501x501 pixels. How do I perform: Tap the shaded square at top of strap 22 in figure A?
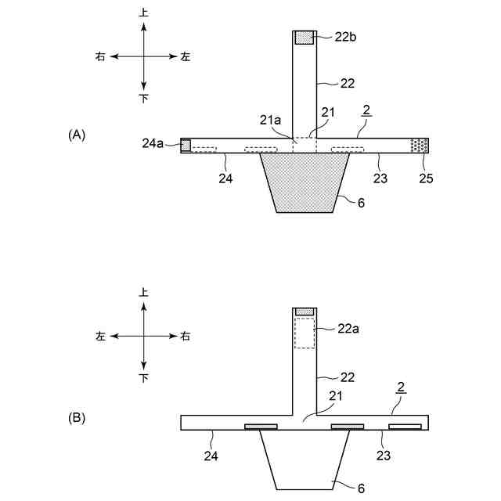(304, 37)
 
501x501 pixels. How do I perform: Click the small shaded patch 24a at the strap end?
(186, 145)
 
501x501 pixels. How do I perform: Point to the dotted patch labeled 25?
(420, 145)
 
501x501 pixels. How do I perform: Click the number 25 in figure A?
(425, 178)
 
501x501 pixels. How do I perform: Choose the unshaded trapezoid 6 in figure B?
(304, 458)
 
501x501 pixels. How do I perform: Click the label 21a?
(270, 120)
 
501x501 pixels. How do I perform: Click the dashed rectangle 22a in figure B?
(304, 333)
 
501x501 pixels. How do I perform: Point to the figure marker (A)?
(77, 135)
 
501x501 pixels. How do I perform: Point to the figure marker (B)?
(77, 418)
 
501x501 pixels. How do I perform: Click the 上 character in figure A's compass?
(143, 13)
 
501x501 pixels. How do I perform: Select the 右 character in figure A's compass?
(100, 56)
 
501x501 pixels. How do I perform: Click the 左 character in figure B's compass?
(100, 336)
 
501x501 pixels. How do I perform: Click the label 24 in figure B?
(212, 454)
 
